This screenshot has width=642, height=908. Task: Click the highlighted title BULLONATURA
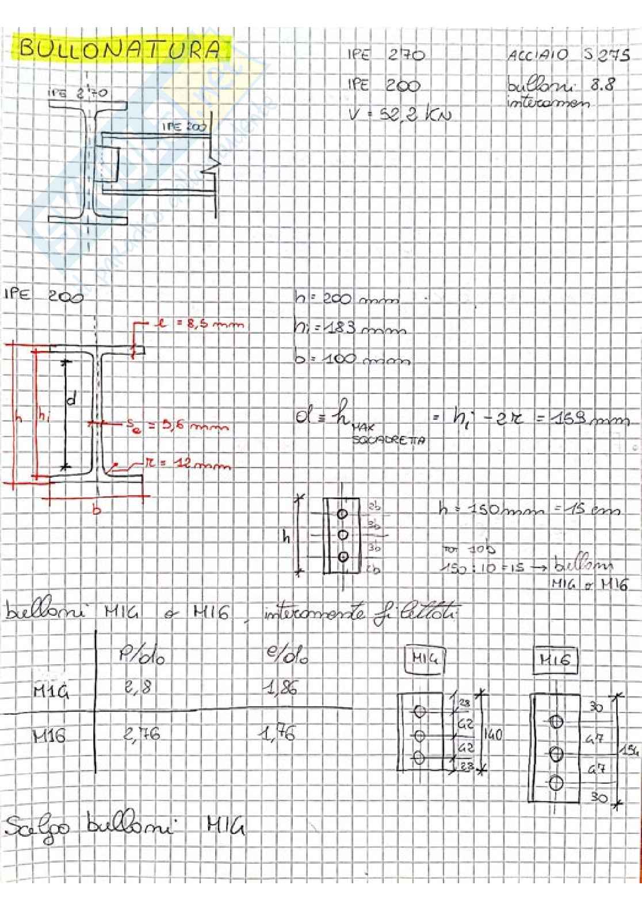(x=120, y=49)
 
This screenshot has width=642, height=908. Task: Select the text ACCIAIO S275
(x=568, y=56)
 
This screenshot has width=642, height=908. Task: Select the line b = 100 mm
(x=352, y=359)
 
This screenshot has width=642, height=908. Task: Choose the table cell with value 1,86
(x=282, y=688)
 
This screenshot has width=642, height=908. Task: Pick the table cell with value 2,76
(x=142, y=733)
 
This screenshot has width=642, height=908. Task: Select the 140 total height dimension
(x=494, y=734)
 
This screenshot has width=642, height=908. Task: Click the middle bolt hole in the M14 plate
(x=419, y=735)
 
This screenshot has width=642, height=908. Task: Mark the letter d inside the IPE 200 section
(x=72, y=400)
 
